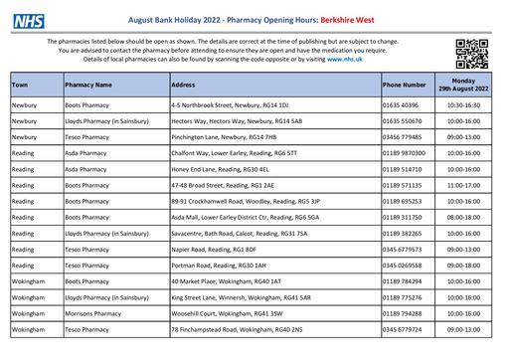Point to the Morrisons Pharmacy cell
point(100,313)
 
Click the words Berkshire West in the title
point(334,17)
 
